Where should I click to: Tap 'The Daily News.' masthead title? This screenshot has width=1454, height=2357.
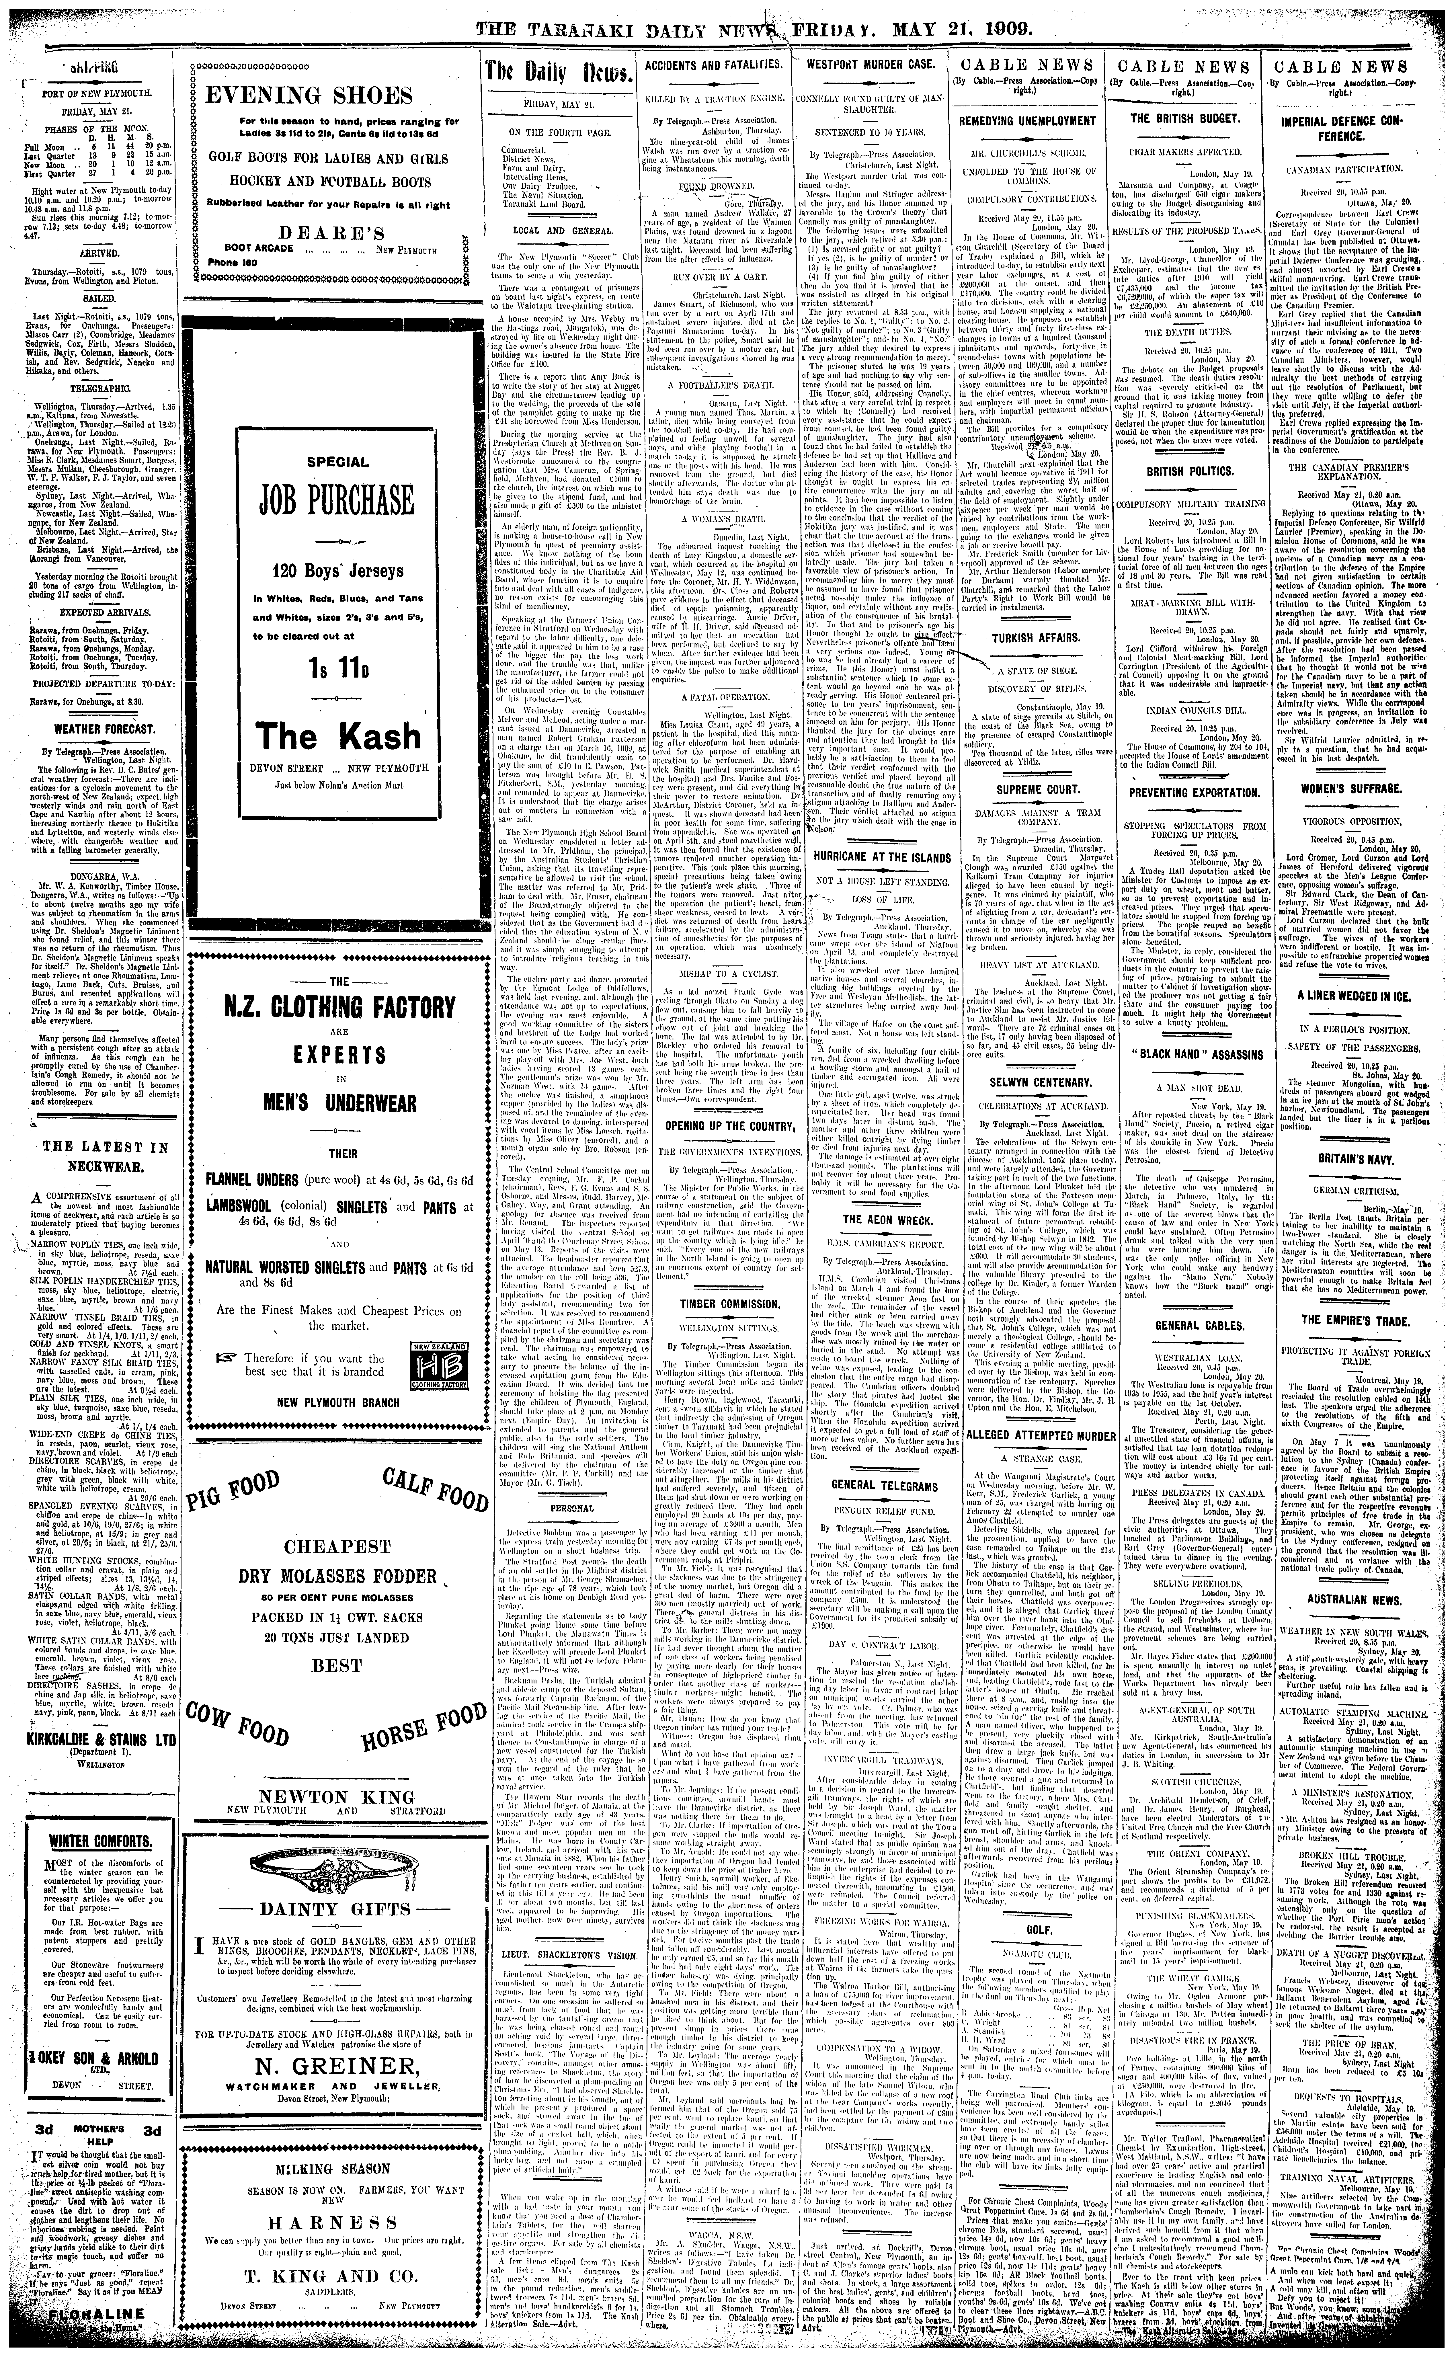click(559, 76)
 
